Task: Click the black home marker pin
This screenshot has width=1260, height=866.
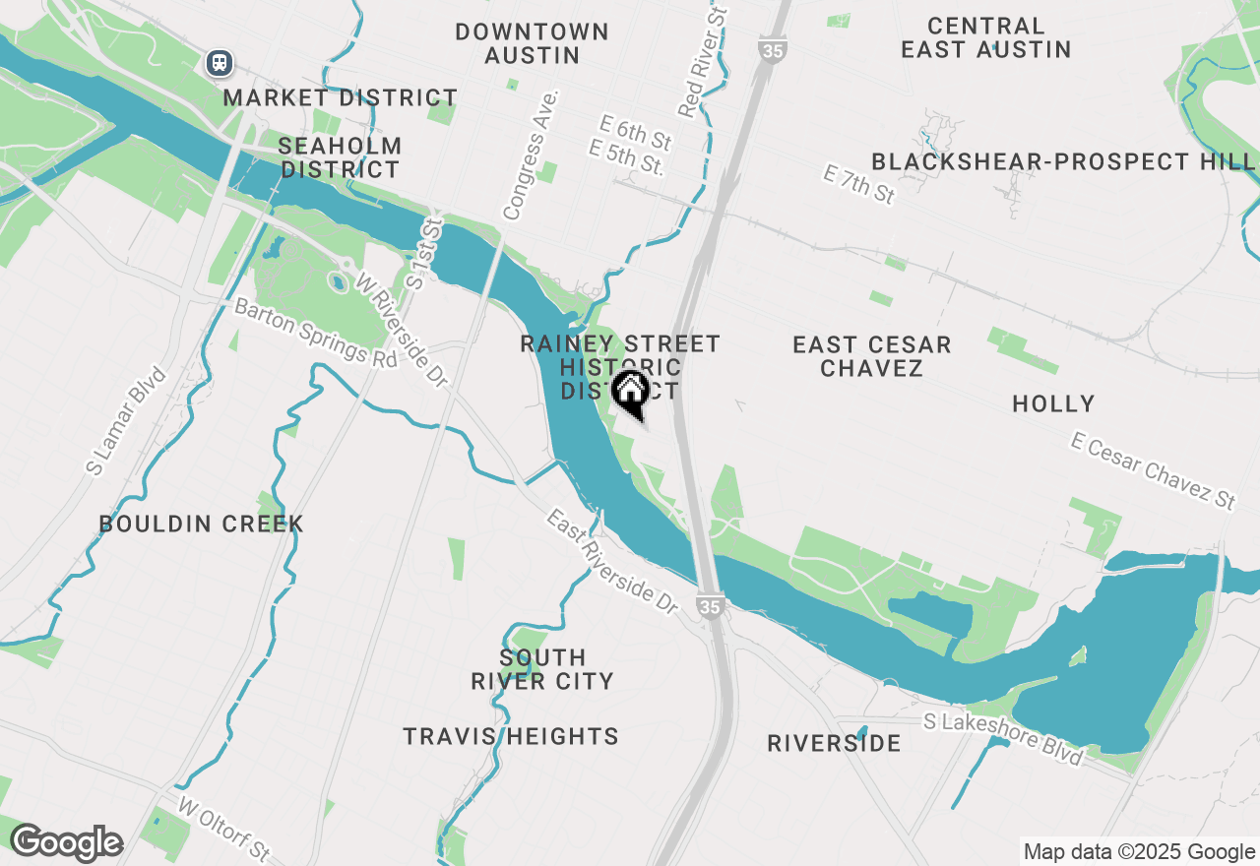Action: coord(630,393)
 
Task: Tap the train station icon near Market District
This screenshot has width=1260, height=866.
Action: coord(219,63)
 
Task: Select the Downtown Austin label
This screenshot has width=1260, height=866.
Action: coord(532,43)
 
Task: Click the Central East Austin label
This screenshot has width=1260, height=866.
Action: coord(985,37)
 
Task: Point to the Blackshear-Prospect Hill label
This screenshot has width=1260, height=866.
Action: coord(1063,161)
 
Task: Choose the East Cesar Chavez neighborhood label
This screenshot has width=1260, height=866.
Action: coord(872,356)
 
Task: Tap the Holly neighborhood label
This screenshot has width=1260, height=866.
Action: coord(1053,403)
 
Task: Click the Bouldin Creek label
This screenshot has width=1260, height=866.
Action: coord(201,524)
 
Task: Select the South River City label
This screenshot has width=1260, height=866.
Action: coord(542,669)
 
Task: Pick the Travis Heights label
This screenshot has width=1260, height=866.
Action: coord(511,736)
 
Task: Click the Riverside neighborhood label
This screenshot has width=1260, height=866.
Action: coord(834,743)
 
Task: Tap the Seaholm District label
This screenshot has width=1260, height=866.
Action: coord(340,157)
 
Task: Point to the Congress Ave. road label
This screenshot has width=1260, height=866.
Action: coord(531,155)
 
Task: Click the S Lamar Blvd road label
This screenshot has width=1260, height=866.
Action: coord(126,422)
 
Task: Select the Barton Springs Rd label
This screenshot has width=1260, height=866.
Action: coord(315,333)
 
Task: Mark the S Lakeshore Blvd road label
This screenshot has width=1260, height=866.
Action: coord(1004,738)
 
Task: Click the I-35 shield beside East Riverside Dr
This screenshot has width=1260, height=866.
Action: coord(711,606)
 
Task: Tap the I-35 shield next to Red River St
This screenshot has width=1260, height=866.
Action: coord(773,48)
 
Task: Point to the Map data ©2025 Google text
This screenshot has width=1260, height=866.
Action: coord(1139,852)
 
